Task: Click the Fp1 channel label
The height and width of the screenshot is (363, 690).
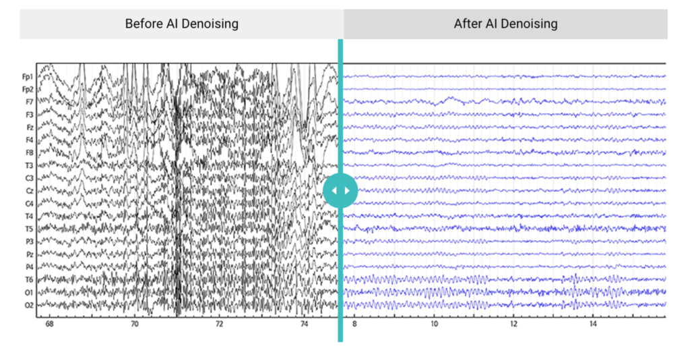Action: pos(28,76)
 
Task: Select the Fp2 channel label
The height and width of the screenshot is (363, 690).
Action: pos(28,89)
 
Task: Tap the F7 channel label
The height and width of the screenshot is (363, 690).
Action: pos(29,102)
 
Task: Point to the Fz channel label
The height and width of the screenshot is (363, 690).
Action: pos(29,127)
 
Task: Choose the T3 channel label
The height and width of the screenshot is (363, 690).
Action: pos(29,165)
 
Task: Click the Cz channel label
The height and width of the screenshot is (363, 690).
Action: pos(29,191)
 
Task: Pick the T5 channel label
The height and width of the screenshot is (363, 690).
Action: pos(29,229)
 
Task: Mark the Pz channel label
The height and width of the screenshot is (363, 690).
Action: pos(29,254)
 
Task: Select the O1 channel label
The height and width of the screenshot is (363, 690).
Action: pos(29,293)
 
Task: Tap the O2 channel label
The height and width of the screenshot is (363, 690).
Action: pos(29,305)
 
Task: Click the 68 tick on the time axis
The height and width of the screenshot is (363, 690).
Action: pos(49,325)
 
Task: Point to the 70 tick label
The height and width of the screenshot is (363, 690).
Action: pos(135,325)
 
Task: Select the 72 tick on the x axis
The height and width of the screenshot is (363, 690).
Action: pos(220,325)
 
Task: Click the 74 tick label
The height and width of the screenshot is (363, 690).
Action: pos(305,325)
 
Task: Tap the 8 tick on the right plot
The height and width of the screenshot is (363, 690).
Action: pos(354,325)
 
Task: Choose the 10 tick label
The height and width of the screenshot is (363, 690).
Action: pos(434,325)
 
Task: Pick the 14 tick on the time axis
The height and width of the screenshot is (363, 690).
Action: pos(593,325)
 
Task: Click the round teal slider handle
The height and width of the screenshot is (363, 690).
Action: pos(340,191)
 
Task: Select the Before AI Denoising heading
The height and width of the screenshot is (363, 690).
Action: pos(182,24)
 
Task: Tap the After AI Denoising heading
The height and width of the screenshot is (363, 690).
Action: pos(505,24)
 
